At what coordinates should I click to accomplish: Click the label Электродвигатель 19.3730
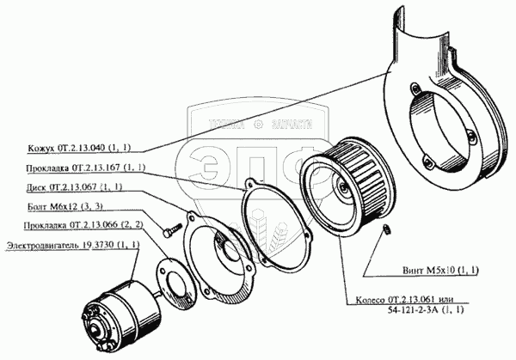pyautogui.click(x=69, y=247)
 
